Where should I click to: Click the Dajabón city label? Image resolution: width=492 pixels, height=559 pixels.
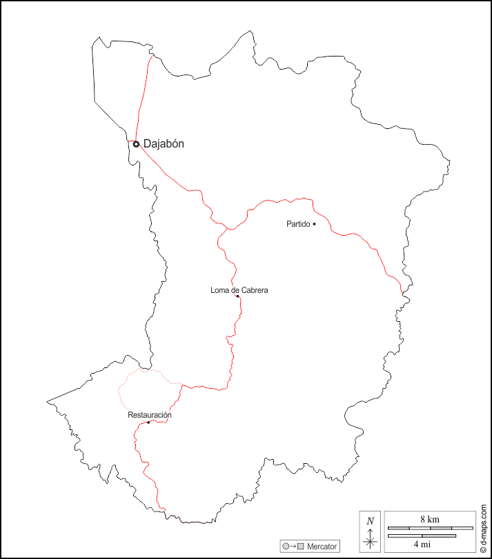tap(164, 144)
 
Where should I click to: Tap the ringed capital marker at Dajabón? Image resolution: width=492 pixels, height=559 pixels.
tap(137, 144)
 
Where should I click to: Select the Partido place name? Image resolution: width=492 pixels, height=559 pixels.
tap(298, 224)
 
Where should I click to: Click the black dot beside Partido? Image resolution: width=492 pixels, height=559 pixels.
tap(314, 224)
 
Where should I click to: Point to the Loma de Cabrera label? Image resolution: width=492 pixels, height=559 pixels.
tap(239, 290)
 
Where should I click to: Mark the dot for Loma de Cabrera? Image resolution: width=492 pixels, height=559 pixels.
tap(237, 296)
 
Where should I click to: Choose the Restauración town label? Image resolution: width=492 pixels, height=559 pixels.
tap(150, 415)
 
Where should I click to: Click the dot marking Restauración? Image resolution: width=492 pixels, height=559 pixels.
tap(148, 422)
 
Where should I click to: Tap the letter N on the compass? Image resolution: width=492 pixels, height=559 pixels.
tap(371, 521)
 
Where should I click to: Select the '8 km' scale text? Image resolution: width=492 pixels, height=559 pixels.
tap(429, 519)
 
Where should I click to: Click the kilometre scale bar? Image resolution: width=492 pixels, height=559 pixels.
tap(430, 529)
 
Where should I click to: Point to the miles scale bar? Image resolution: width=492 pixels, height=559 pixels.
tap(422, 536)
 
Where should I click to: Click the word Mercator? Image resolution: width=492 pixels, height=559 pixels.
tap(322, 547)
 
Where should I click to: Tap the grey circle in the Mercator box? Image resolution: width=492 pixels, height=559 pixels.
tap(286, 547)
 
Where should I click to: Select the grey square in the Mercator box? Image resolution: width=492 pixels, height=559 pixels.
tap(301, 547)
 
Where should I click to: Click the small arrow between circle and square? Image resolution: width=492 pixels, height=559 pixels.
tap(293, 547)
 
